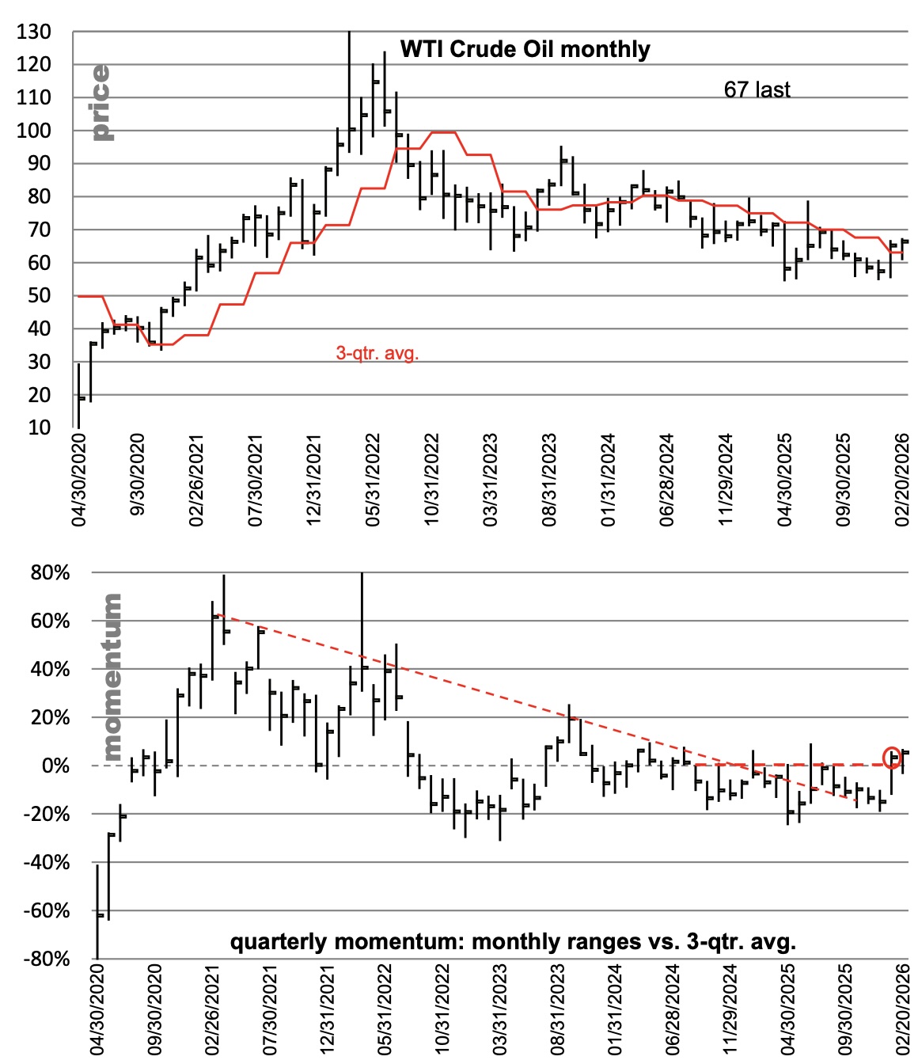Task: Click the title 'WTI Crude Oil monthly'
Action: click(x=525, y=49)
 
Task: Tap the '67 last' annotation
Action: click(x=757, y=89)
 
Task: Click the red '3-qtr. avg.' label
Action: click(x=377, y=353)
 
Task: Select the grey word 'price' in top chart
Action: click(x=101, y=103)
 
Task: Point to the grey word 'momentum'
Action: click(x=112, y=677)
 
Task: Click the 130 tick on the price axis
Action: click(x=33, y=32)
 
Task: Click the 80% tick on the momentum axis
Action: click(x=50, y=572)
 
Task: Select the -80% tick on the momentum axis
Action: click(x=47, y=959)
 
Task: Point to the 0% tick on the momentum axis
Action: click(x=55, y=766)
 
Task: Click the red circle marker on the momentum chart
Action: click(x=892, y=757)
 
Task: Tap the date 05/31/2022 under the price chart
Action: click(x=373, y=480)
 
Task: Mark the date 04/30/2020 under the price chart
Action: click(x=79, y=480)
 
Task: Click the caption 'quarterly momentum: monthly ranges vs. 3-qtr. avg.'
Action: click(x=513, y=942)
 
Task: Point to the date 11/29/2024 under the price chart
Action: click(x=726, y=480)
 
